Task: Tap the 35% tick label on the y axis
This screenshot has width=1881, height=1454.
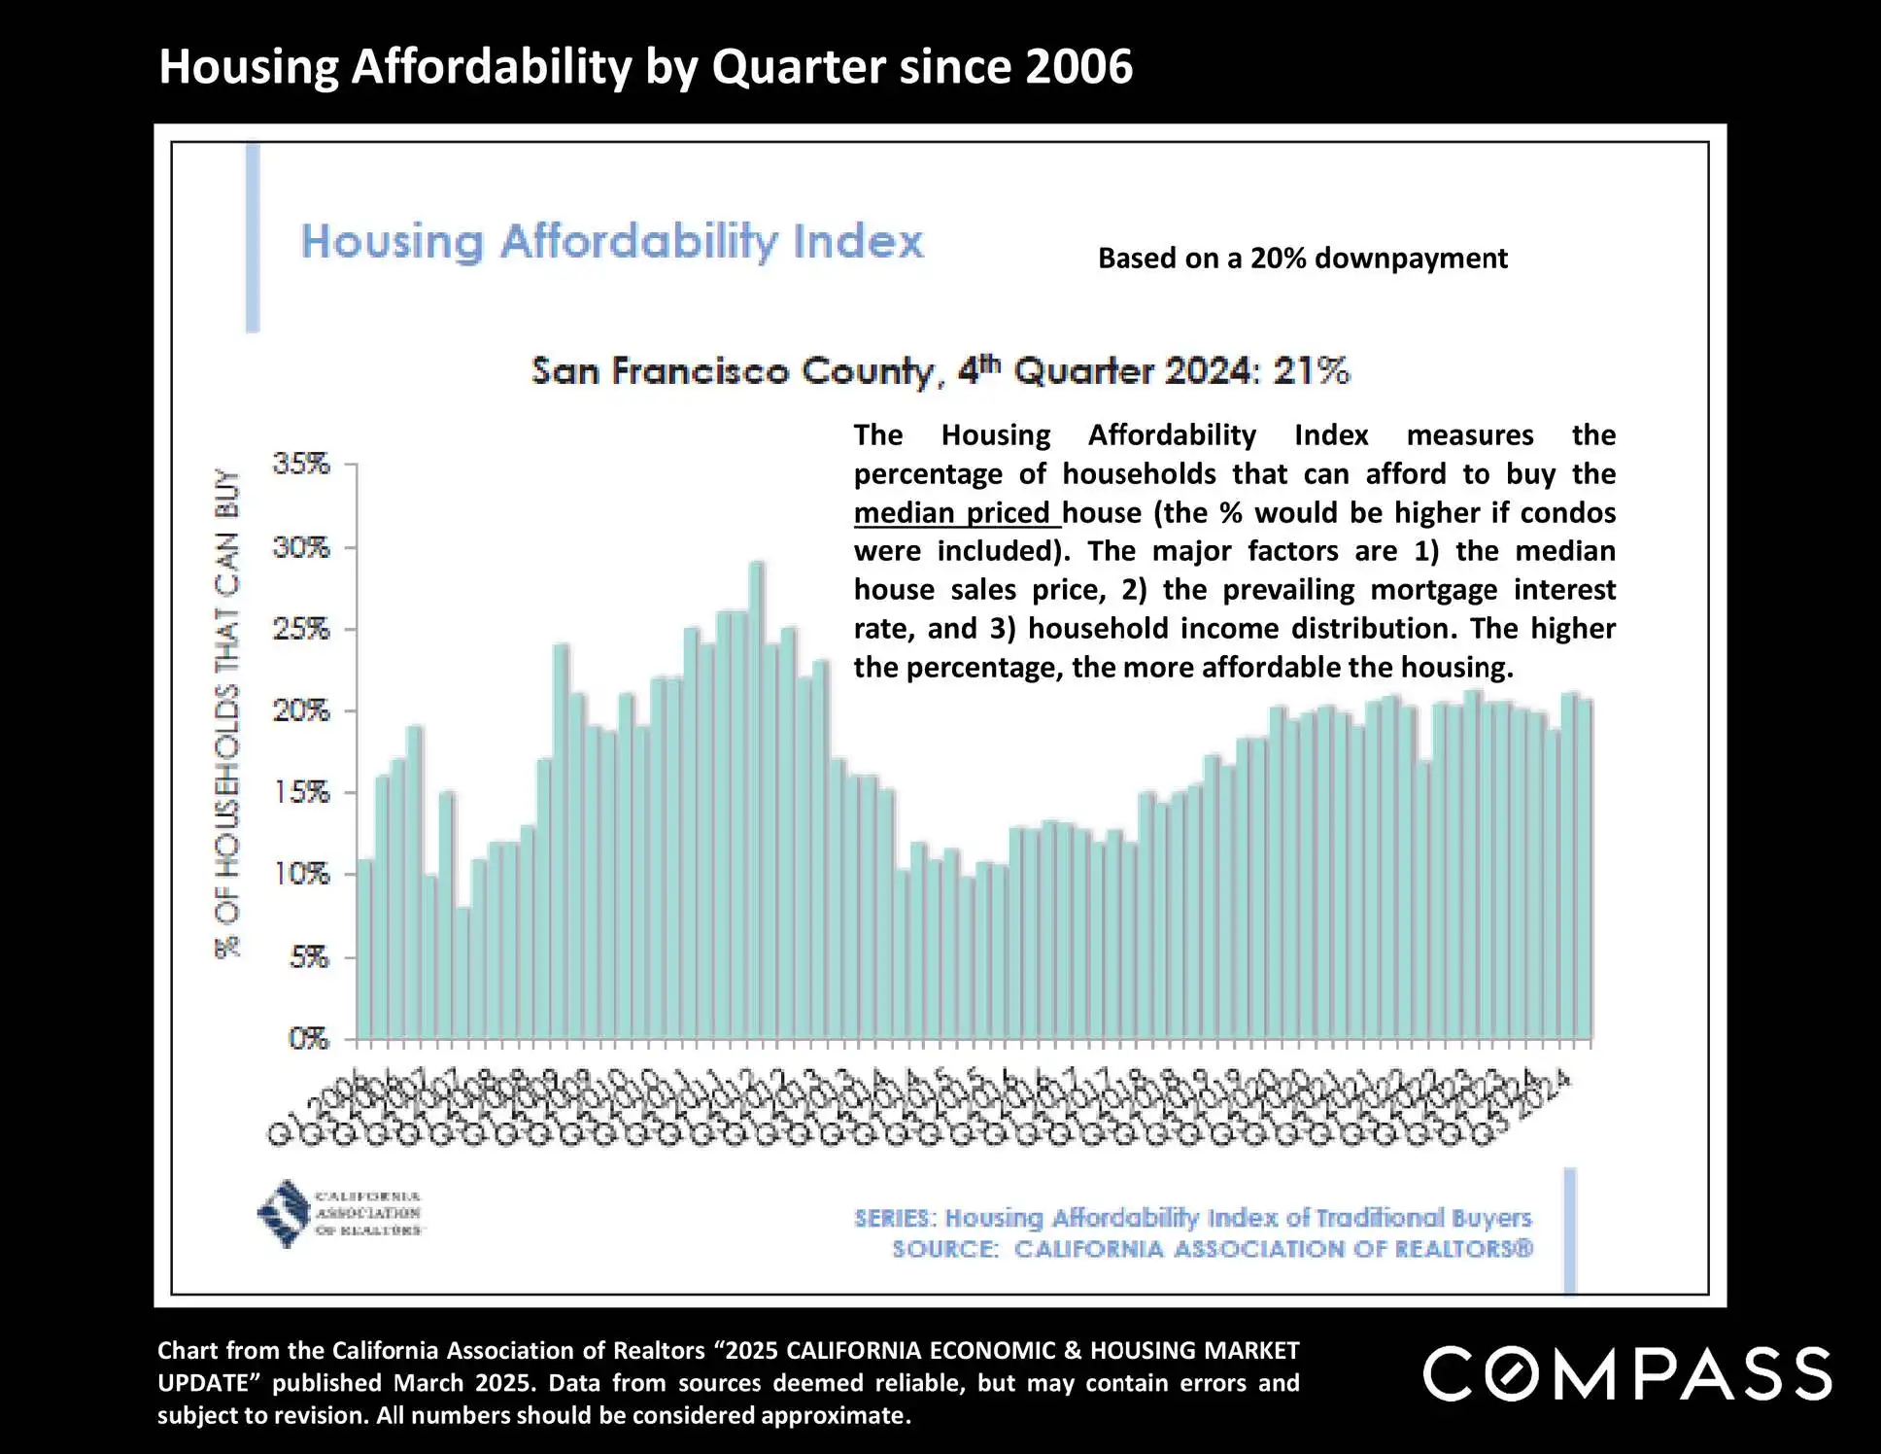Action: click(x=301, y=464)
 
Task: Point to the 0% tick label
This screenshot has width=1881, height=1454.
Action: click(x=309, y=1039)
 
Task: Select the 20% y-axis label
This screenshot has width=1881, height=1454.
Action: click(x=301, y=710)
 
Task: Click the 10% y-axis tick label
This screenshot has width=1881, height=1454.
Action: click(x=301, y=875)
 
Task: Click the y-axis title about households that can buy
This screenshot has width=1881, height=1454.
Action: click(x=227, y=714)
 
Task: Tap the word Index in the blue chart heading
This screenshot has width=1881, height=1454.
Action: click(x=858, y=241)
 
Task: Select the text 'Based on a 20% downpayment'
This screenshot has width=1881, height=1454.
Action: click(x=1302, y=259)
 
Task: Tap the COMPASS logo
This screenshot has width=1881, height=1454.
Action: click(x=1627, y=1373)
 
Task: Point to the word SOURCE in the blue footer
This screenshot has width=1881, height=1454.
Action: click(x=944, y=1249)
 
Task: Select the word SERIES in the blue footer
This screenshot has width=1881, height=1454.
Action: click(x=895, y=1218)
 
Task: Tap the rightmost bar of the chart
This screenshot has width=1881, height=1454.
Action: click(x=1584, y=870)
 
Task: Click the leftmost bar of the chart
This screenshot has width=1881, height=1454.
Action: click(x=365, y=950)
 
